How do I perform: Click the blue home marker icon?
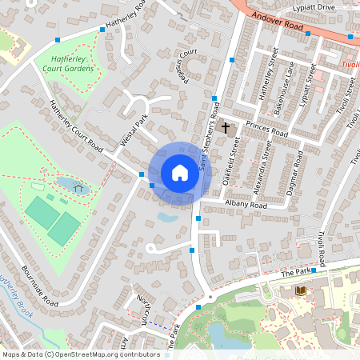tap(180, 172)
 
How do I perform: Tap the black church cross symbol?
tap(226, 127)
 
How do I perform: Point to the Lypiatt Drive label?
tap(314, 6)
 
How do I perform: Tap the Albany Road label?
tap(246, 205)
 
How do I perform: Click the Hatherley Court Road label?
tap(76, 128)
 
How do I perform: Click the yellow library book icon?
tap(301, 290)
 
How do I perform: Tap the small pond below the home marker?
tap(169, 216)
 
